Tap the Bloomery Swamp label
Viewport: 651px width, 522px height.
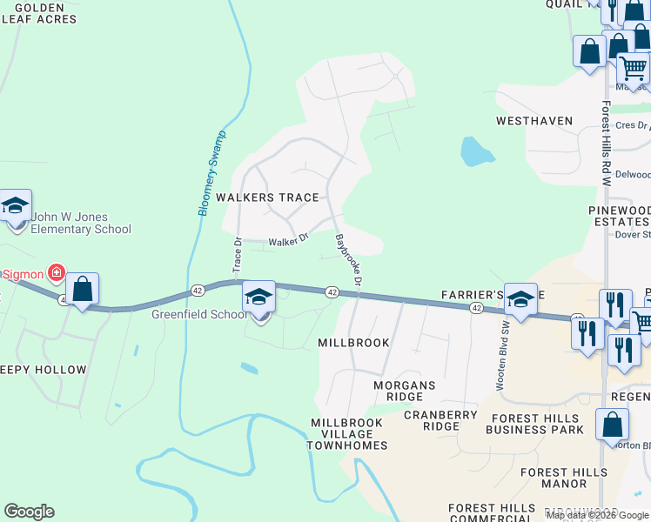point(211,173)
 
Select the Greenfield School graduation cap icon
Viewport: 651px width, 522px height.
point(258,298)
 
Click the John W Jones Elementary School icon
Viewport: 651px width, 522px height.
point(15,207)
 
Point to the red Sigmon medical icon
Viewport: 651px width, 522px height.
point(57,273)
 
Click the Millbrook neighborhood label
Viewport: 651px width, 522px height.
point(353,343)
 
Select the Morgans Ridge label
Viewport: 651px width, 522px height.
point(404,391)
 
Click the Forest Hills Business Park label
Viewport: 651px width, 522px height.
point(534,423)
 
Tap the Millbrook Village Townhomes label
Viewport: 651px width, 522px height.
point(346,434)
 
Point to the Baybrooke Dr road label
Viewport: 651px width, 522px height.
point(348,258)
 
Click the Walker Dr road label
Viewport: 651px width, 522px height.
point(288,240)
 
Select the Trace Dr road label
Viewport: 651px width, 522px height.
point(237,251)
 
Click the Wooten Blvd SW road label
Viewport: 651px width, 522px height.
point(502,345)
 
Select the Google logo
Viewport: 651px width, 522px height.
point(29,512)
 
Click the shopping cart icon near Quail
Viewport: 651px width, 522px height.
point(633,66)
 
